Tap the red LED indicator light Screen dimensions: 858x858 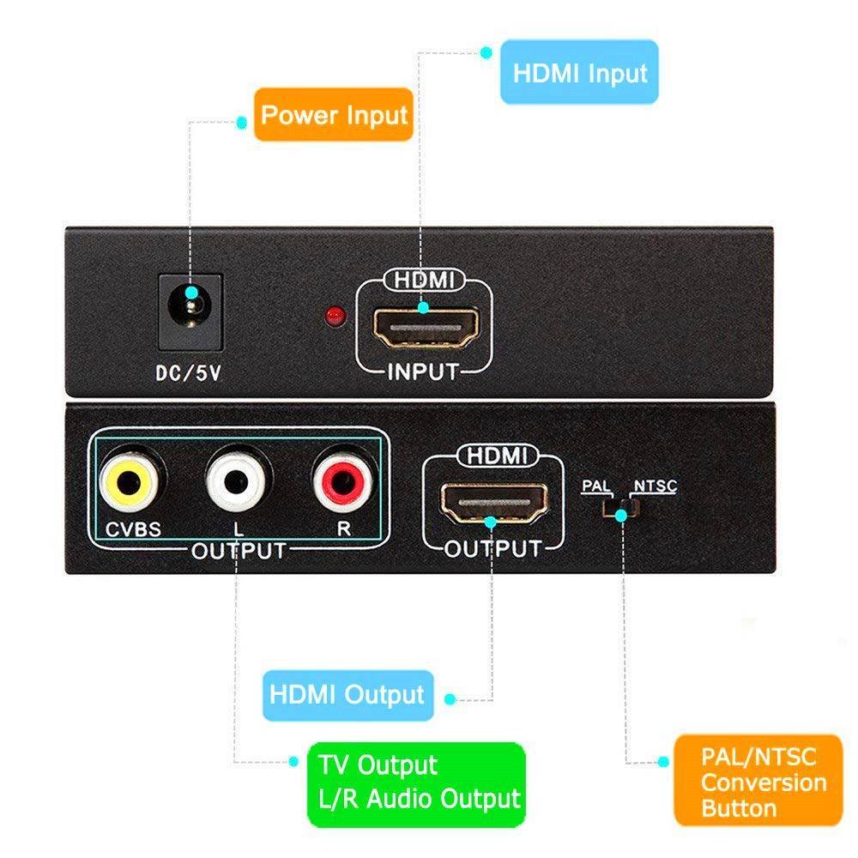click(x=333, y=317)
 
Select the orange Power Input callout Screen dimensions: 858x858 click(x=333, y=114)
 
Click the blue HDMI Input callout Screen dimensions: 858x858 click(x=579, y=74)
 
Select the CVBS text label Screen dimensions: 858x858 click(x=133, y=529)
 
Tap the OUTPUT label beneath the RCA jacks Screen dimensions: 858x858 click(x=238, y=550)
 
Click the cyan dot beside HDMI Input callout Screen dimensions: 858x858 click(x=486, y=52)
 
